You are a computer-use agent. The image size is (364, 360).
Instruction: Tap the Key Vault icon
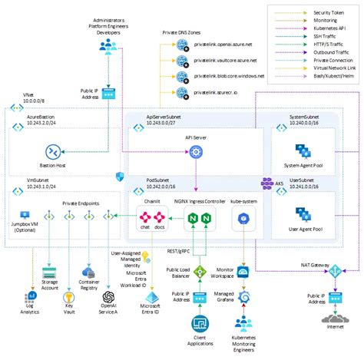pyautogui.click(x=69, y=296)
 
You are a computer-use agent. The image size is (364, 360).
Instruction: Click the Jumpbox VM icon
pyautogui.click(x=21, y=217)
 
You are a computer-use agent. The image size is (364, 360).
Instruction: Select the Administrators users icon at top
pyautogui.click(x=107, y=48)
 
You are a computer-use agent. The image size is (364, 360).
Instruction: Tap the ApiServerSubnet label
pyautogui.click(x=167, y=116)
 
